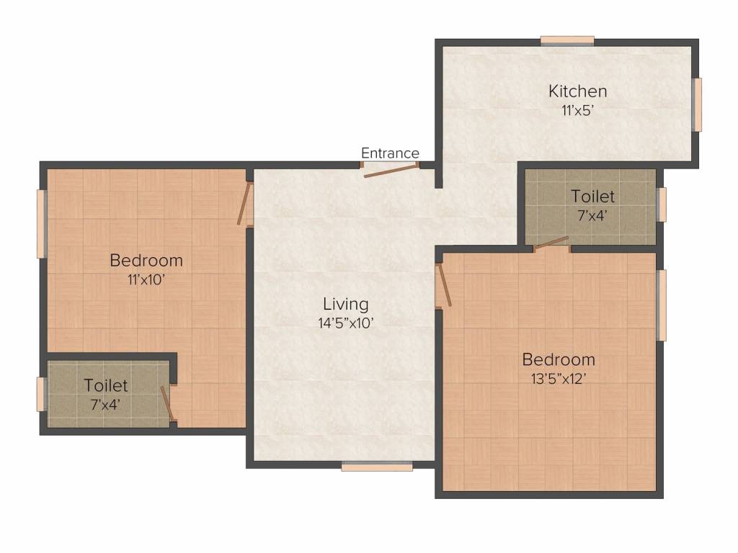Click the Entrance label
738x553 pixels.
point(390,153)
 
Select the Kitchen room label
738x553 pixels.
point(577,91)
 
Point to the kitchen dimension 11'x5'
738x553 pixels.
point(577,110)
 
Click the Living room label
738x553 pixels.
point(345,304)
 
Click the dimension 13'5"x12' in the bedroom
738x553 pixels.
point(559,379)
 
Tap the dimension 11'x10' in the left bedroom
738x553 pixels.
point(146,280)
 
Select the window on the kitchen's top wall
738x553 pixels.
point(567,41)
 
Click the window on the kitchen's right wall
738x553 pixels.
point(698,104)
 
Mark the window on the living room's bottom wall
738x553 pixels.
point(377,466)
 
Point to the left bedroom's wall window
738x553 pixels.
point(41,224)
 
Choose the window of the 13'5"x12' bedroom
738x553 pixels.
point(662,305)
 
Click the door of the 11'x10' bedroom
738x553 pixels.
point(244,203)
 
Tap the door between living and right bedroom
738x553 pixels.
point(444,285)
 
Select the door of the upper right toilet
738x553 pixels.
point(551,243)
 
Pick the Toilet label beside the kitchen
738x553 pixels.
point(592,196)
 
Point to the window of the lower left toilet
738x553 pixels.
point(41,394)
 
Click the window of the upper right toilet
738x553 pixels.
point(662,204)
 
